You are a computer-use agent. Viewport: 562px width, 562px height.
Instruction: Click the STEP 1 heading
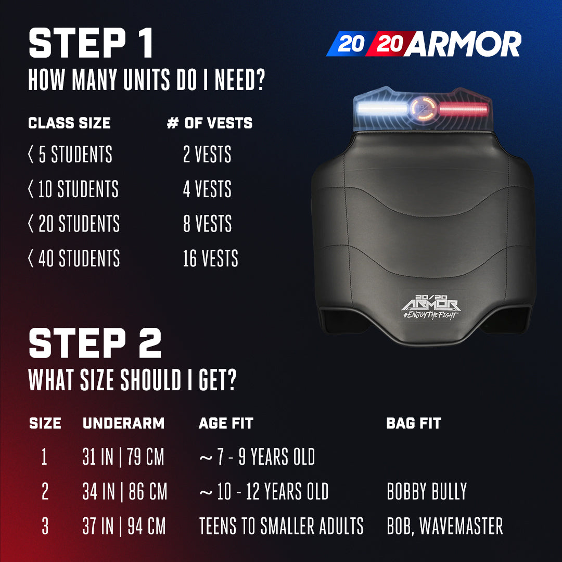point(91,44)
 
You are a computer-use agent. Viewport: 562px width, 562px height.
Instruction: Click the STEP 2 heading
point(95,343)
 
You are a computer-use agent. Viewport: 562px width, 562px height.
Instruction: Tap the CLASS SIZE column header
point(69,123)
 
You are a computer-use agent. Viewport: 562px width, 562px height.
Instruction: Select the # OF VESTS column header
point(209,123)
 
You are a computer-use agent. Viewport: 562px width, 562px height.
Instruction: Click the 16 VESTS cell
point(210,259)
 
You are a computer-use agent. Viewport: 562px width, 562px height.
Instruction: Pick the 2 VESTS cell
point(207,155)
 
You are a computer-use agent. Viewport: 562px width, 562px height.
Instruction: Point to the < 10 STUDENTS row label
point(73,189)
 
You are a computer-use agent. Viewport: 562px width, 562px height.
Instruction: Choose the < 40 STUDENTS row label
point(74,259)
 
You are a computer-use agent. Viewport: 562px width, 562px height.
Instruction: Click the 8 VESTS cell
point(207,224)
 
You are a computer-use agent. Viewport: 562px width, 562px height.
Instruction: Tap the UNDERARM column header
point(123,424)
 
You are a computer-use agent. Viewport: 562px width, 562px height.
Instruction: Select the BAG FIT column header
point(413,424)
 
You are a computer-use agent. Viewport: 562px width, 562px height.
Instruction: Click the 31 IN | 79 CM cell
point(123,457)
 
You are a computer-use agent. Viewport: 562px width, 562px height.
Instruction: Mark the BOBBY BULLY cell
point(427,492)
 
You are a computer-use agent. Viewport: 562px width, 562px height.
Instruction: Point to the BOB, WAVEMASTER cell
point(445,526)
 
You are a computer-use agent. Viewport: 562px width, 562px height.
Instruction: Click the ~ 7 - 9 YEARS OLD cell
point(257,457)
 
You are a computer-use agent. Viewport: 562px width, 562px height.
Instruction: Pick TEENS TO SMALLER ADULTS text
point(281,526)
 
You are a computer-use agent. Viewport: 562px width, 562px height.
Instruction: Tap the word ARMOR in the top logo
point(464,45)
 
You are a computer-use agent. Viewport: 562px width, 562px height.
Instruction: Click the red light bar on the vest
point(463,110)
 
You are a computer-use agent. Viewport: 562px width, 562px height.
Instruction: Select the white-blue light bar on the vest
point(382,110)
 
